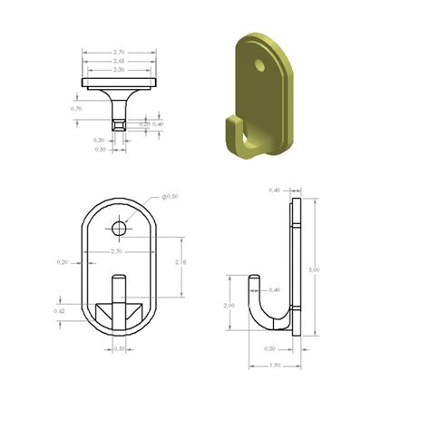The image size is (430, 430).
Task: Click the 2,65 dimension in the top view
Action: pyautogui.click(x=118, y=62)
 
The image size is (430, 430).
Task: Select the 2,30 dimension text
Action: pyautogui.click(x=118, y=70)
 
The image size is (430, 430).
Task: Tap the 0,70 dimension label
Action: pyautogui.click(x=75, y=108)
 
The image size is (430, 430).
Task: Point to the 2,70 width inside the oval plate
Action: pyautogui.click(x=116, y=250)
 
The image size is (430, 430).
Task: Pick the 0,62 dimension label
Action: pyautogui.click(x=61, y=311)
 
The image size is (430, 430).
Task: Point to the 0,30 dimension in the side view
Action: pyautogui.click(x=269, y=348)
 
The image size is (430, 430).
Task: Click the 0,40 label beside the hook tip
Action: pyautogui.click(x=275, y=290)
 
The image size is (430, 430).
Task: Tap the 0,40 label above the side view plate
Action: pyautogui.click(x=275, y=190)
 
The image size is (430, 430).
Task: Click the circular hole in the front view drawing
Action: pyautogui.click(x=120, y=224)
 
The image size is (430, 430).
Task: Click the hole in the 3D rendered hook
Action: pyautogui.click(x=260, y=65)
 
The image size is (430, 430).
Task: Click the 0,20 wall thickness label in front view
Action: pyautogui.click(x=63, y=262)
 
